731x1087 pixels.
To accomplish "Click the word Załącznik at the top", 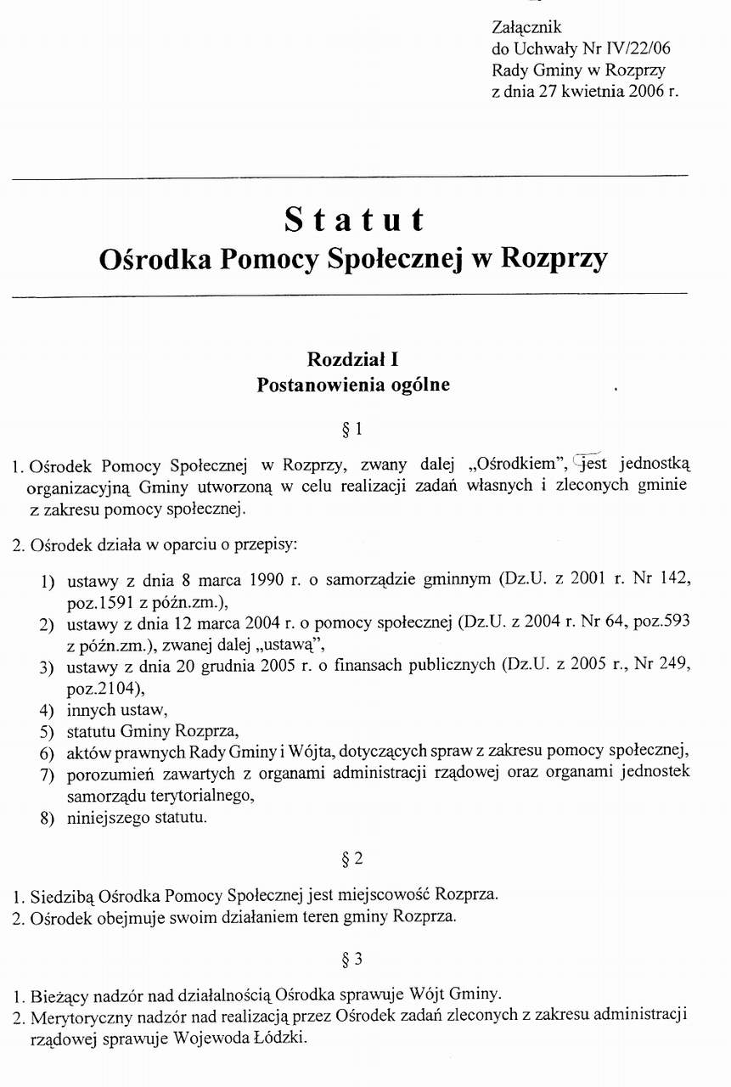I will [526, 28].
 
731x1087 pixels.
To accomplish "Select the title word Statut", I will [353, 220].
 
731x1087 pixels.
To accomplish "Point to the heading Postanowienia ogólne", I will [353, 385].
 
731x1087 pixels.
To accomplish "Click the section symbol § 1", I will [352, 430].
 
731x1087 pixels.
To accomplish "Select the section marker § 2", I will [352, 859].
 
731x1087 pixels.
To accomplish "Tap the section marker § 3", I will [352, 960].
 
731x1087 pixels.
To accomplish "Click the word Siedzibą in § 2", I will [62, 896].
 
